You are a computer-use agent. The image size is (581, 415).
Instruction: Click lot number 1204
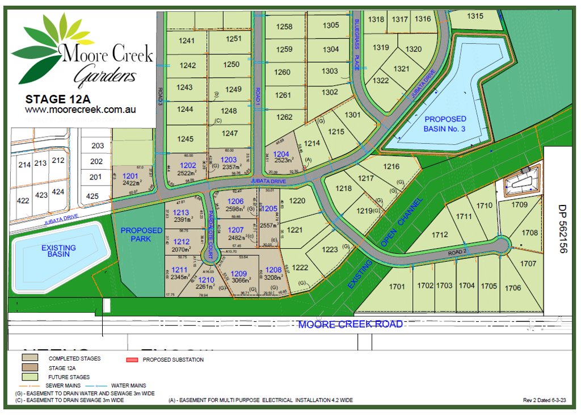point(281,154)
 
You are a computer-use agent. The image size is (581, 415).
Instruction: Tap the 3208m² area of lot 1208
point(273,278)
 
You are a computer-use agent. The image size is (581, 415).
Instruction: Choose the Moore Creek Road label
point(350,324)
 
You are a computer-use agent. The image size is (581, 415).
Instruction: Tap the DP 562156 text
point(562,229)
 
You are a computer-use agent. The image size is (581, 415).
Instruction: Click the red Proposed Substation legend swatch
point(132,360)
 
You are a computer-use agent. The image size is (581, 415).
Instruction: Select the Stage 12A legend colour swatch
point(30,367)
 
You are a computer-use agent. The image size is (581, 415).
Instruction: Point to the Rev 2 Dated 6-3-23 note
point(548,400)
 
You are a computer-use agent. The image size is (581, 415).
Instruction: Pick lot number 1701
point(397,286)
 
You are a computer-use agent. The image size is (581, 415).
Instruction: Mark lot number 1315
point(475,16)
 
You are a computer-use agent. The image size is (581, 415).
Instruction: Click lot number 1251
point(234,39)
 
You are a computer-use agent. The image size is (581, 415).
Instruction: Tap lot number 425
point(92,196)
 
